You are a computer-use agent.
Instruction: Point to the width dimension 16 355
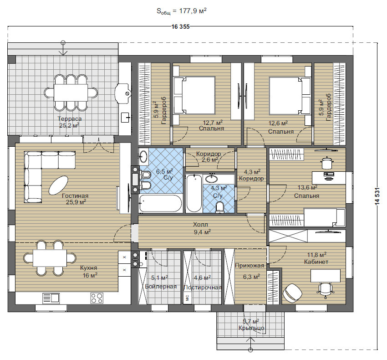tap(180, 27)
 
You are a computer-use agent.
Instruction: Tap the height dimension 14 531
tap(377, 196)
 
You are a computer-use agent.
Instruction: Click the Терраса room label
tap(70, 118)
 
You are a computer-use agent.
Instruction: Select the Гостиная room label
tap(75, 195)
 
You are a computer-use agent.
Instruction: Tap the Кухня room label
tap(89, 268)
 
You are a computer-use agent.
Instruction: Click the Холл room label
tap(200, 225)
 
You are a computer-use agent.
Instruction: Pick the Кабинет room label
tap(316, 262)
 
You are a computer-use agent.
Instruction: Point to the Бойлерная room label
tap(161, 287)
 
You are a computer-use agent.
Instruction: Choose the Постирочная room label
tap(203, 288)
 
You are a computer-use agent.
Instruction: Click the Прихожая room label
tap(250, 266)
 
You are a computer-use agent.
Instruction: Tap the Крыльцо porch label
tap(251, 328)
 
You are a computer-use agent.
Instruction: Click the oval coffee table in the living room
tap(58, 185)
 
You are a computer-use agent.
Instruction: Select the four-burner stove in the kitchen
tap(97, 298)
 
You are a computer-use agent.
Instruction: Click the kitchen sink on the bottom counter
tap(51, 298)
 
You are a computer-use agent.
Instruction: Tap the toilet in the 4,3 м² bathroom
tap(219, 207)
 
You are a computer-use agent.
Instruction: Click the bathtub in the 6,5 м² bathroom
tap(160, 204)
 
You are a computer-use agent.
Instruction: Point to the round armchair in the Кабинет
tap(292, 293)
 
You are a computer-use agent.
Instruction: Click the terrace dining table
tap(71, 93)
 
